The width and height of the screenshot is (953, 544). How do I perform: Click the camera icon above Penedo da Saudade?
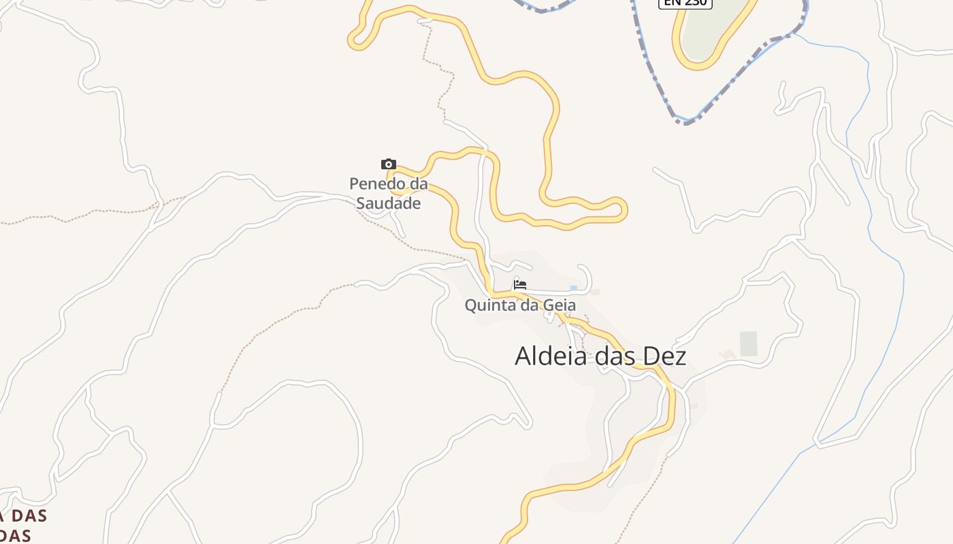tap(388, 164)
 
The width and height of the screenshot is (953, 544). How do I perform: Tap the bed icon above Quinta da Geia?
tap(520, 284)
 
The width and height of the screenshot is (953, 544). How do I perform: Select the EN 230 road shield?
tap(685, 3)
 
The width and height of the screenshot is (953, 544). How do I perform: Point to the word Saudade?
tap(389, 203)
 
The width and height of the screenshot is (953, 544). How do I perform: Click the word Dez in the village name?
tap(667, 356)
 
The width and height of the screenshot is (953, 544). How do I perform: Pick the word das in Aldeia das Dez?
tap(611, 356)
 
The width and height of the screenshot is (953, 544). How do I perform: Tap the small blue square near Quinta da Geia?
tap(573, 288)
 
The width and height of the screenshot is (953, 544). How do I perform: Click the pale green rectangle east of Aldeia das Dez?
tap(748, 343)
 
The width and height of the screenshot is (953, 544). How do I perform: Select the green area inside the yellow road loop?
tap(711, 27)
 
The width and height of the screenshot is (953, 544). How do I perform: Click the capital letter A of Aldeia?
tap(523, 356)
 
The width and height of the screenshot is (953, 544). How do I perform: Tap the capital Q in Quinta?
tap(470, 305)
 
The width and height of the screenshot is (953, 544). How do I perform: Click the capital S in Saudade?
tap(362, 203)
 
